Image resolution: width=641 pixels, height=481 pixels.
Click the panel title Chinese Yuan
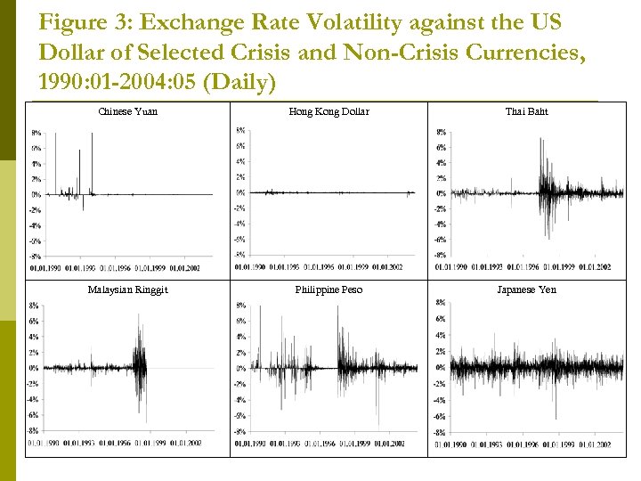[127, 111]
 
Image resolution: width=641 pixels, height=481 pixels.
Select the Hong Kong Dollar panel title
[329, 111]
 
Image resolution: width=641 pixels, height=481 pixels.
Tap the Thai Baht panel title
[526, 111]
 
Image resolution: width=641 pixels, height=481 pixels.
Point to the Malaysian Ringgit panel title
[127, 289]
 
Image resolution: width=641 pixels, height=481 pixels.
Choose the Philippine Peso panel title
[329, 289]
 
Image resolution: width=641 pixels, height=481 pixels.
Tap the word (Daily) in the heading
[241, 83]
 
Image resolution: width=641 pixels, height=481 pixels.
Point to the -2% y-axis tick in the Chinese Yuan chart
[35, 210]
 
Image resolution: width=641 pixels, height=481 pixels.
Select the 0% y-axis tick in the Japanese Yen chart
[441, 367]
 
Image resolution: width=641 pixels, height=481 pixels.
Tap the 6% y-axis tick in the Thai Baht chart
[441, 148]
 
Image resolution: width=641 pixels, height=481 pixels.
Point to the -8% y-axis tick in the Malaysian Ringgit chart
[33, 430]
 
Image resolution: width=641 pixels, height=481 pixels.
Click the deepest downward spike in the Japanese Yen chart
[556, 418]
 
